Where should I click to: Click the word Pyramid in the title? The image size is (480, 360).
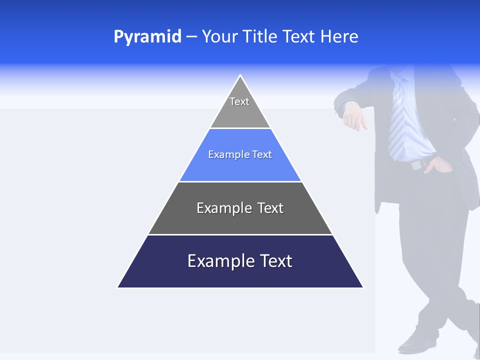coord(147,37)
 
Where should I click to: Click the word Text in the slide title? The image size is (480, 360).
coord(299,37)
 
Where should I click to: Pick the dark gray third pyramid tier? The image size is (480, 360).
coord(240,220)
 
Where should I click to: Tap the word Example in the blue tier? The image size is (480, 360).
coord(227,155)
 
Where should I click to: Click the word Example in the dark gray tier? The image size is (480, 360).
coord(223,208)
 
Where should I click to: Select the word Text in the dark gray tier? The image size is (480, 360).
coord(270,208)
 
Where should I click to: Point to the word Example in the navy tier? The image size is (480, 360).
coord(220,261)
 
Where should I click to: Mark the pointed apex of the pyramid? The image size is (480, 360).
coord(240,76)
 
